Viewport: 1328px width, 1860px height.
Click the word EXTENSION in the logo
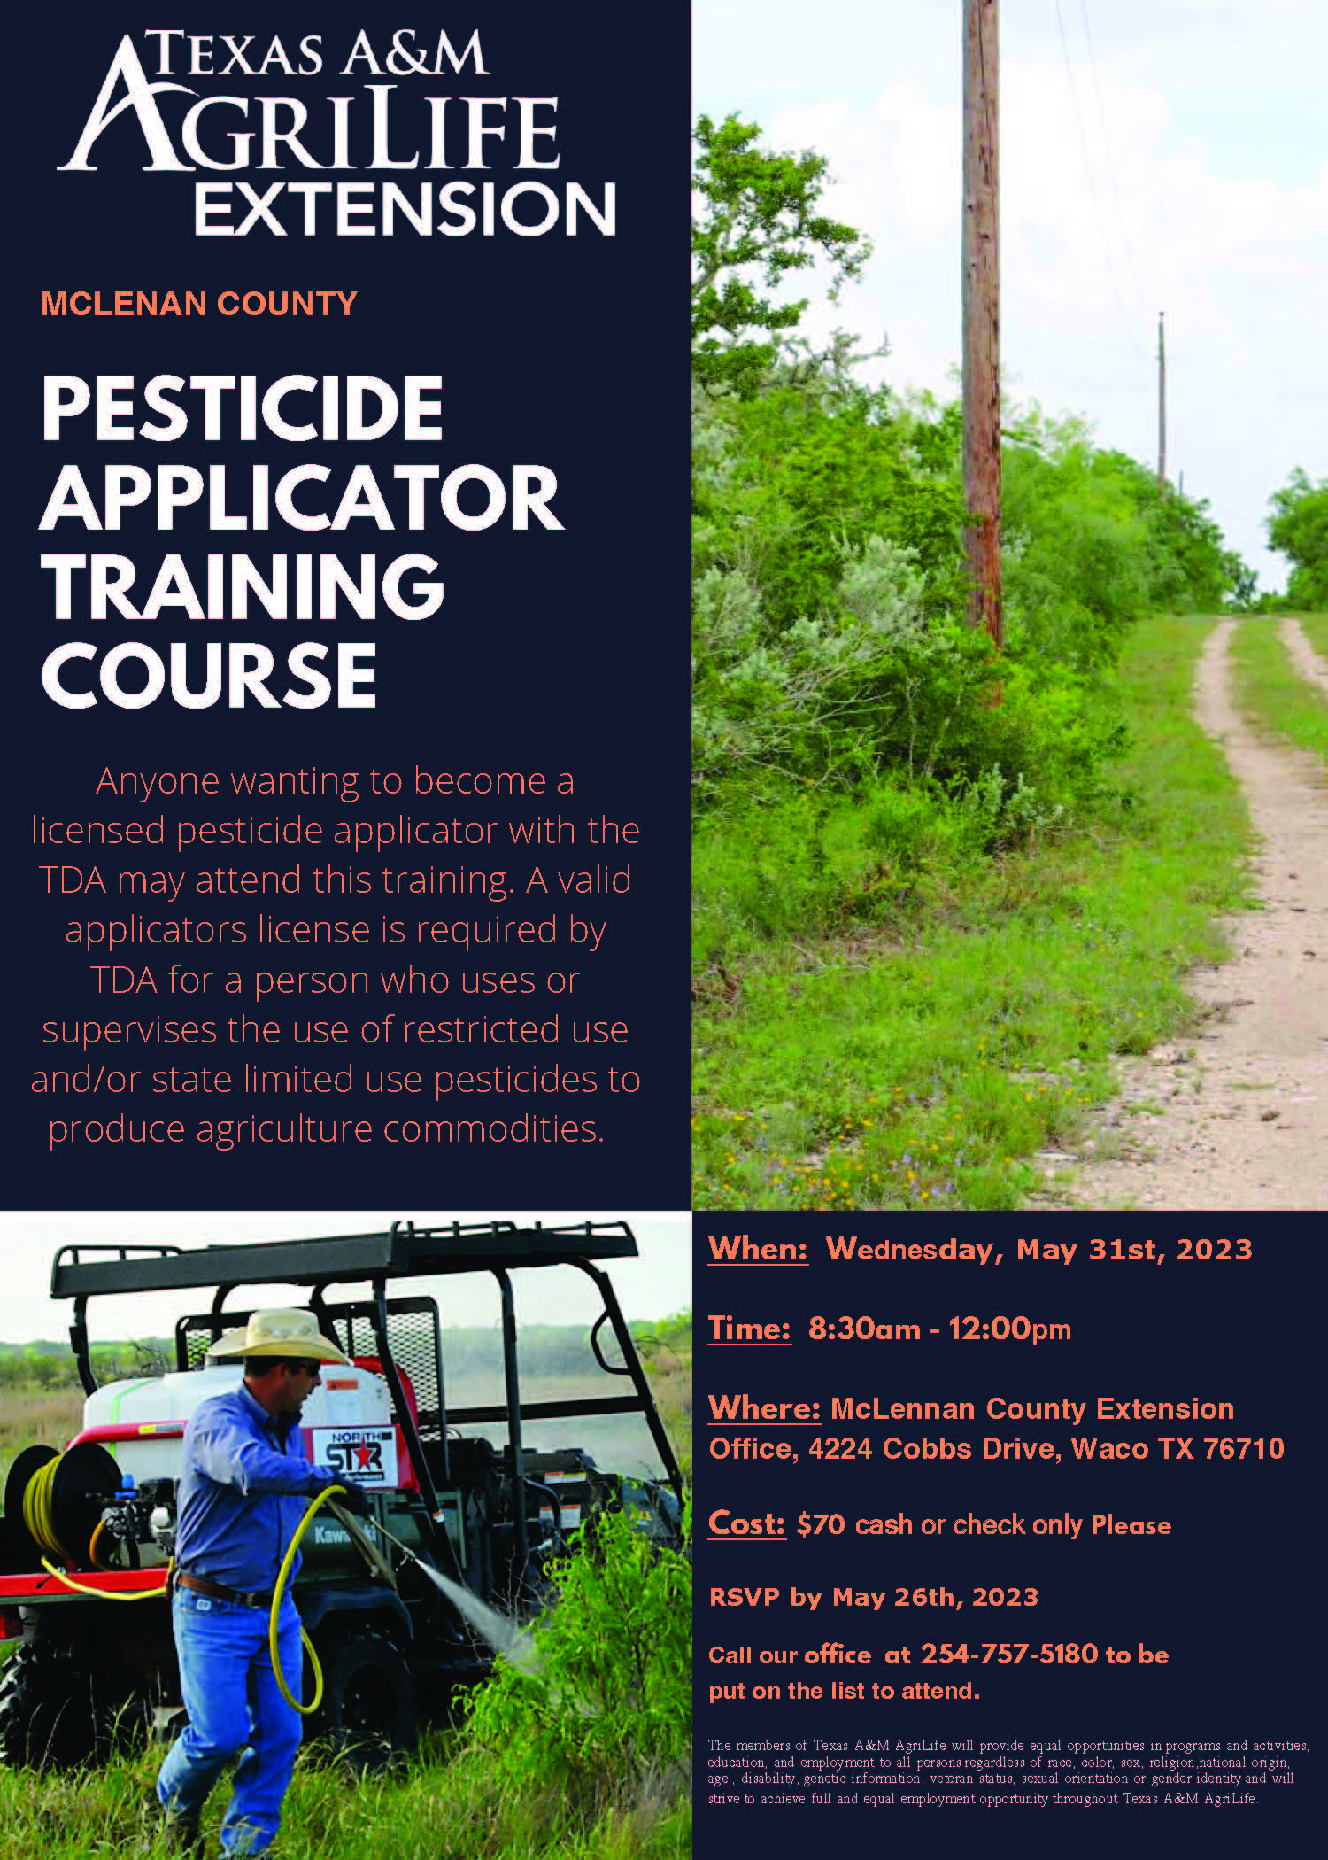(x=405, y=208)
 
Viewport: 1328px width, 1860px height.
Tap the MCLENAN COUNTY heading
(x=199, y=304)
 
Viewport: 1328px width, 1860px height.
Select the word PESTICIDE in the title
(x=242, y=407)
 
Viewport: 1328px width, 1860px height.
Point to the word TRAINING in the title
(x=243, y=585)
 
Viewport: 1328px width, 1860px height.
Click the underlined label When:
(x=758, y=1249)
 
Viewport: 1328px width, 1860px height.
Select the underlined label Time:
(x=749, y=1329)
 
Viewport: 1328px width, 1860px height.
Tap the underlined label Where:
(x=764, y=1408)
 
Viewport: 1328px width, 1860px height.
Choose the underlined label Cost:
(x=746, y=1523)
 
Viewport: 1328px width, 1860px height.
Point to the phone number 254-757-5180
(x=1009, y=1654)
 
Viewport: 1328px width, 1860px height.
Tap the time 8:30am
(x=864, y=1329)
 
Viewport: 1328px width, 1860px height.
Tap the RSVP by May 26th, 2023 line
(x=873, y=1597)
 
